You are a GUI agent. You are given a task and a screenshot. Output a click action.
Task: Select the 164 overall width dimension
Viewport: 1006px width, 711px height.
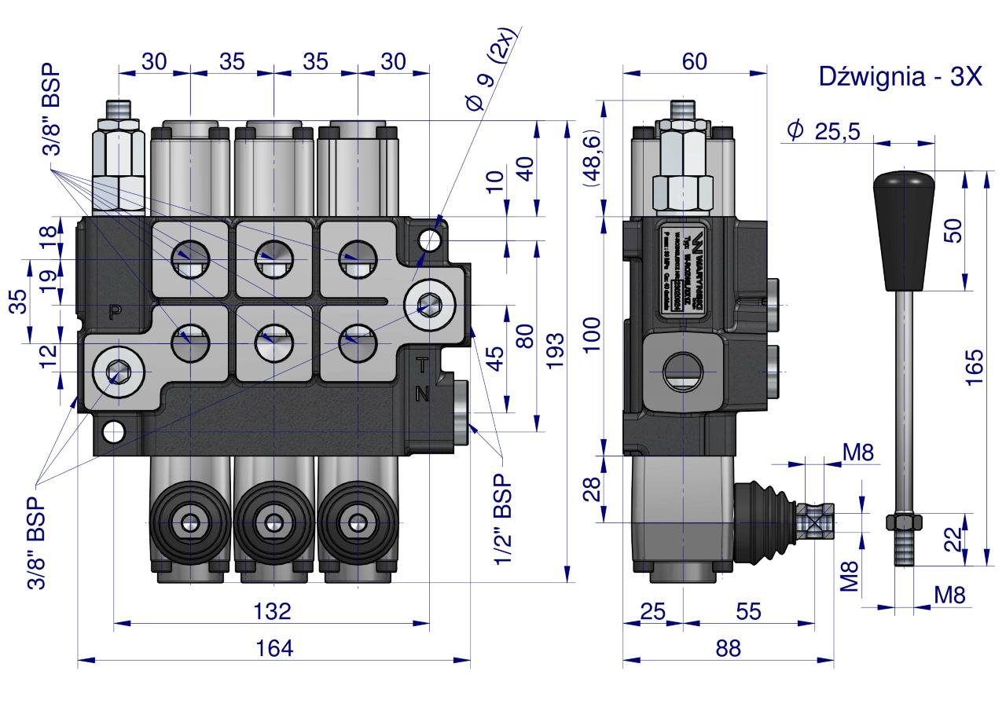(274, 648)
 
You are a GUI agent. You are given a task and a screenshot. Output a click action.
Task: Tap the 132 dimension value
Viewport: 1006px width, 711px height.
(273, 610)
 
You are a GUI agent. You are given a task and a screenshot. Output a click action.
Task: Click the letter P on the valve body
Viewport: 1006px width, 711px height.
(115, 312)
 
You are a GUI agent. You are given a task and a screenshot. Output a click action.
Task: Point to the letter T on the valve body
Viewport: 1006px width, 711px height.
(422, 365)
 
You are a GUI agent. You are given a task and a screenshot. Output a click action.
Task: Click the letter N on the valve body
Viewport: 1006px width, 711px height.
(422, 394)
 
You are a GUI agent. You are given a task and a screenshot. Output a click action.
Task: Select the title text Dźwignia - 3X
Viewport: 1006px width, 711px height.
(900, 76)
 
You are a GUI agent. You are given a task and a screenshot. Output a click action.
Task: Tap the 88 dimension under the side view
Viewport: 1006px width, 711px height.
(728, 648)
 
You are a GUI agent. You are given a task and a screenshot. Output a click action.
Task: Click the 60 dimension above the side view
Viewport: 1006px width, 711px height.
(694, 61)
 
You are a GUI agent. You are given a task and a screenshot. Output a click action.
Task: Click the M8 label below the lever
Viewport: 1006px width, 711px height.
(949, 595)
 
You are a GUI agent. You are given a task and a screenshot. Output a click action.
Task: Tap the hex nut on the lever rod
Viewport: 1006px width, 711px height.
(903, 522)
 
